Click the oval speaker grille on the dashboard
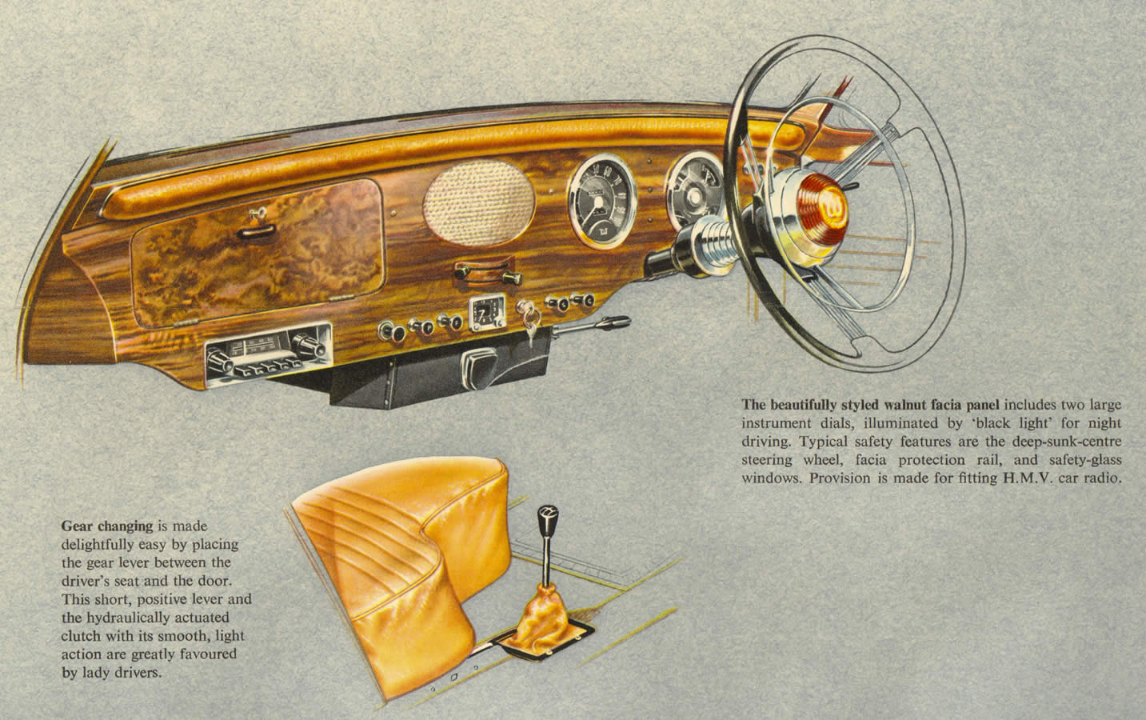479,202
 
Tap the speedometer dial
602,201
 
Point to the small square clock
487,312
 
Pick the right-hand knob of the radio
308,346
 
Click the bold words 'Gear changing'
107,526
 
